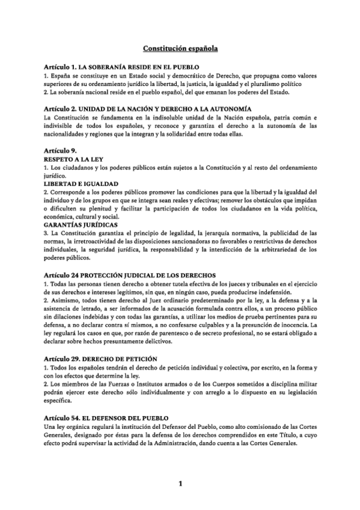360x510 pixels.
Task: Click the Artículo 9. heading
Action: pyautogui.click(x=60, y=149)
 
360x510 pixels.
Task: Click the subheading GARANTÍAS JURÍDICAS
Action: pyautogui.click(x=78, y=224)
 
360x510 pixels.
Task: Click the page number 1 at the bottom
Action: pyautogui.click(x=180, y=483)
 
